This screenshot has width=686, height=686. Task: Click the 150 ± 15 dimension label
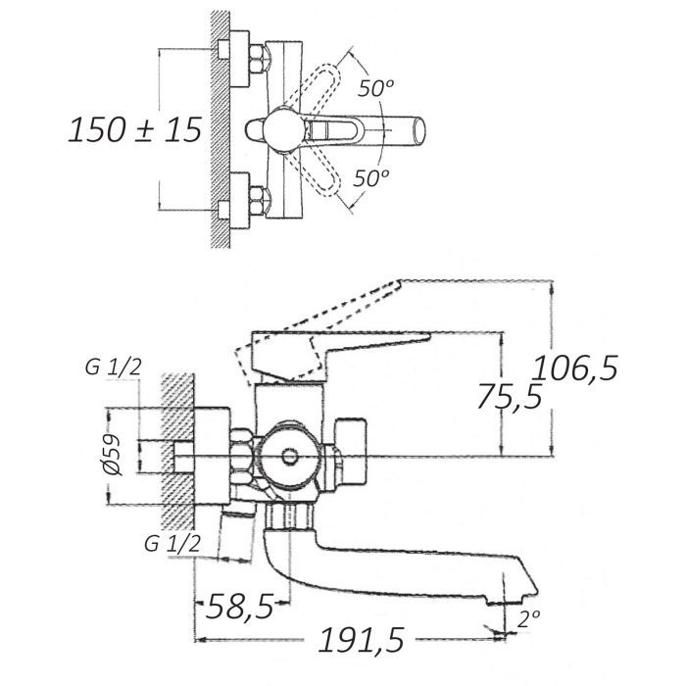coord(135,130)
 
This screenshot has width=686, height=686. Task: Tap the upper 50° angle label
coord(375,88)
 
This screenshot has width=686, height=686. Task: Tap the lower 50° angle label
coord(371,177)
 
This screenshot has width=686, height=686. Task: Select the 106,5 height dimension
coord(575,368)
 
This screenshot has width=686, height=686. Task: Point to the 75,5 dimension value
coord(510,396)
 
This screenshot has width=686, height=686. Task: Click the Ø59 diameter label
coord(114,455)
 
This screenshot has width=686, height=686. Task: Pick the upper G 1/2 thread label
coord(114,367)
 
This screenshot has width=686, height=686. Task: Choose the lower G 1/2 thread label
coord(172,544)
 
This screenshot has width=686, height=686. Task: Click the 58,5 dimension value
coord(240,607)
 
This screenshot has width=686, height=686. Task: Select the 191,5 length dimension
coord(362,640)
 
